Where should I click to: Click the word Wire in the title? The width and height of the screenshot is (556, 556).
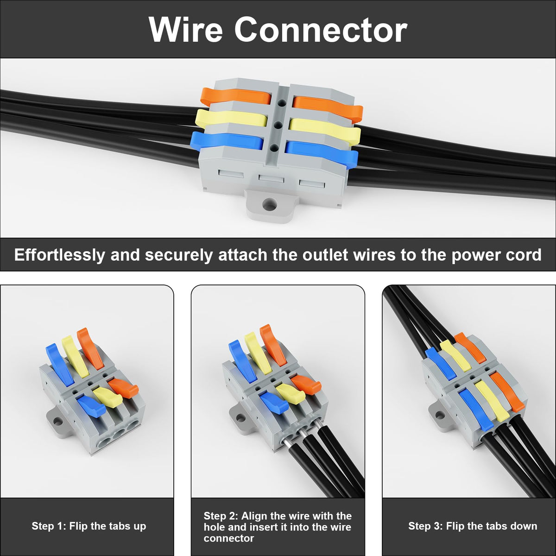186,30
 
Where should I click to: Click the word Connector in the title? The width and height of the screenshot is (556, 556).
321,30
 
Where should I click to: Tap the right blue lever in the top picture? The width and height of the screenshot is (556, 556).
322,153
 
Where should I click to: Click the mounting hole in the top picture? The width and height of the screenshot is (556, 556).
270,206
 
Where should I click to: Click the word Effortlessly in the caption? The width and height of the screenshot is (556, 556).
59,255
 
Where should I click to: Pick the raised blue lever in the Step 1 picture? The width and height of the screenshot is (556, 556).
60,365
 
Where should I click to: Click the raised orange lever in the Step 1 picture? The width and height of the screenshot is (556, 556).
90,348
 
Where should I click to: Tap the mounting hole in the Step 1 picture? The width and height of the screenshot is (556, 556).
58,422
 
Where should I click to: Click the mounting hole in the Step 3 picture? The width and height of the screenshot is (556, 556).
439,416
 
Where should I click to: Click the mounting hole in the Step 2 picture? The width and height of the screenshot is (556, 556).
240,418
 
